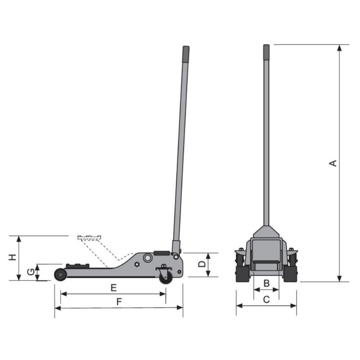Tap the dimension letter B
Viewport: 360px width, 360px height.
coord(266,283)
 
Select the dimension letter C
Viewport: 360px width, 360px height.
coord(266,299)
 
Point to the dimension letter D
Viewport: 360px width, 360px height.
coord(202,264)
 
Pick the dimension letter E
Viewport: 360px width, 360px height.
coord(114,288)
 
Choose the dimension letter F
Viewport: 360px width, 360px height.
coord(119,302)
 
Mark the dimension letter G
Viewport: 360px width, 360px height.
coord(30,272)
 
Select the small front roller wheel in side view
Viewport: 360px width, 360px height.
coord(60,274)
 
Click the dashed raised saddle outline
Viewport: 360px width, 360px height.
coord(90,237)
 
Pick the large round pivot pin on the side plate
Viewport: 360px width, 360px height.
coord(148,258)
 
